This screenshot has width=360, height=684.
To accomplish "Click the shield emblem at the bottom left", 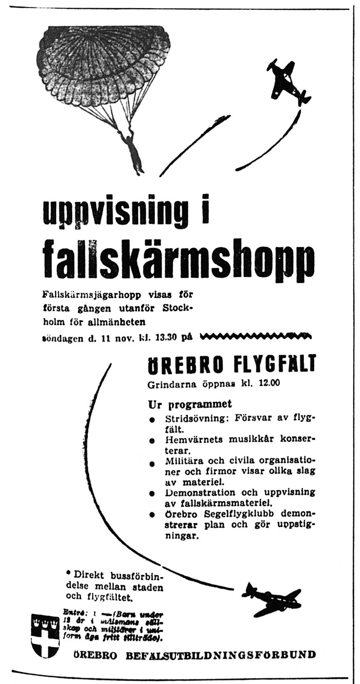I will coord(45,636).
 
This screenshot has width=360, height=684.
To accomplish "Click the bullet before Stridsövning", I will coord(152,420).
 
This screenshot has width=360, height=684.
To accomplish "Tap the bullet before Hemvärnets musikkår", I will coord(152,442).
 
